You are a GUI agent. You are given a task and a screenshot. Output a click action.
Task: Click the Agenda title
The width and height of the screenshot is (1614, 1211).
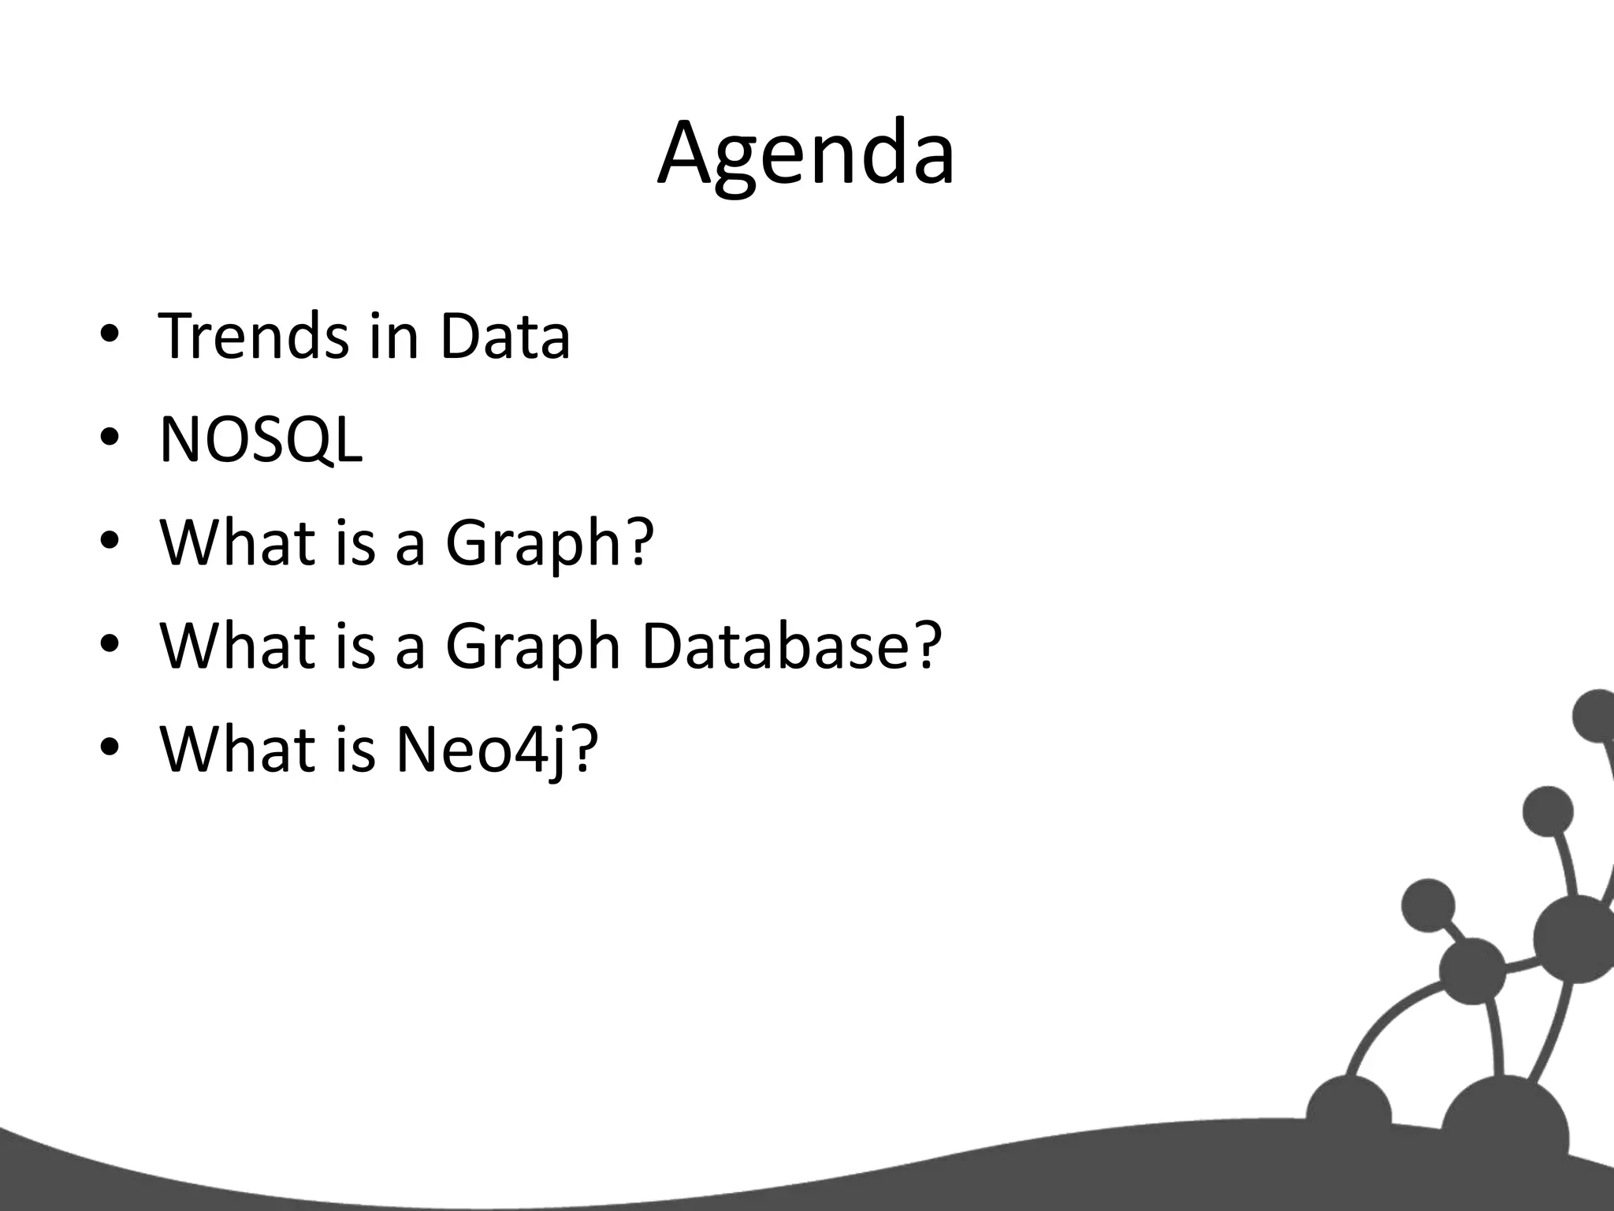(x=806, y=154)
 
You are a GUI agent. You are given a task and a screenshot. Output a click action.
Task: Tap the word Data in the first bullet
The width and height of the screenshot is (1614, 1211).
(x=504, y=337)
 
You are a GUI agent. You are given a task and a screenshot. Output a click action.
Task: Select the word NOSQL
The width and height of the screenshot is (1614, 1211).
(x=261, y=440)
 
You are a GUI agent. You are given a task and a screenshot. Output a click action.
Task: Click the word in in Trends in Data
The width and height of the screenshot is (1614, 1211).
(x=393, y=337)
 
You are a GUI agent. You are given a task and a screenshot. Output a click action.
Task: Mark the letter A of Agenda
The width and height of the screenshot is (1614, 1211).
(x=690, y=154)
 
